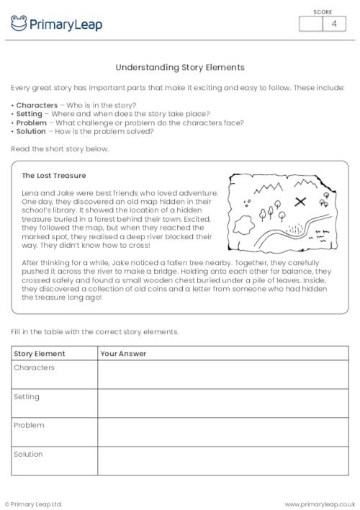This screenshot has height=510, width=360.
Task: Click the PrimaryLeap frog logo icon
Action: [19, 24]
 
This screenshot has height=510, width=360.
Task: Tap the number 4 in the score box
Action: [333, 24]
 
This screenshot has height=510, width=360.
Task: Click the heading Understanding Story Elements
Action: [180, 68]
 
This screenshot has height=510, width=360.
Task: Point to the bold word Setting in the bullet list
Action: [30, 114]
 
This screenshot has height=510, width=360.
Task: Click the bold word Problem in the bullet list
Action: [31, 122]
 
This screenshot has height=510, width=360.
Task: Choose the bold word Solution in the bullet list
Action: [31, 131]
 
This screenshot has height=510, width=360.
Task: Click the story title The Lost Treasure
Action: [53, 175]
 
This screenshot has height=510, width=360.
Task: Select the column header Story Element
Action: [40, 354]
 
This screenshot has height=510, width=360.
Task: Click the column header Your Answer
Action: [123, 354]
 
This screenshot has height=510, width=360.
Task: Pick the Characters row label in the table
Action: [34, 368]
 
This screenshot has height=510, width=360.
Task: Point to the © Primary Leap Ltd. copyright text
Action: [34, 504]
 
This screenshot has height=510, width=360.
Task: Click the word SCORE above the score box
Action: [323, 12]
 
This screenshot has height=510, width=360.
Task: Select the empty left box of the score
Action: [310, 24]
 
